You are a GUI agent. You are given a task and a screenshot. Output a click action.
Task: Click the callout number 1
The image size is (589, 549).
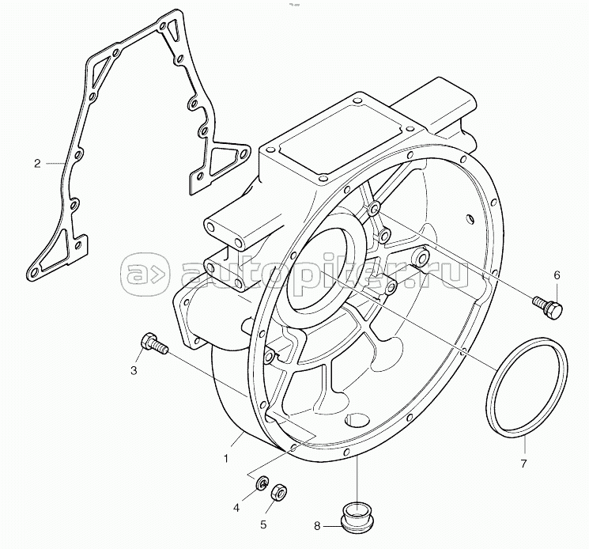pyautogui.click(x=226, y=459)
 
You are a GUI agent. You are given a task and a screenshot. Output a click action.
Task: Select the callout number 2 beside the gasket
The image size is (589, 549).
pyautogui.click(x=37, y=164)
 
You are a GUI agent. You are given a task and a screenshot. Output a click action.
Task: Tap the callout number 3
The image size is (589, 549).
pyautogui.click(x=134, y=370)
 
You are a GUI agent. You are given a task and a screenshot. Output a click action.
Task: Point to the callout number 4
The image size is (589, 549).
pyautogui.click(x=236, y=508)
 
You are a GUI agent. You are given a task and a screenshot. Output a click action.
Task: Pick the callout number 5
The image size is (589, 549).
pyautogui.click(x=263, y=524)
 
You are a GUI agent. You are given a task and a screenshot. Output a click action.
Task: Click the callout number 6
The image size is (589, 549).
pyautogui.click(x=557, y=275)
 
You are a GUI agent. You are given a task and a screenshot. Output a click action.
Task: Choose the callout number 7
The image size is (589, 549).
pyautogui.click(x=523, y=464)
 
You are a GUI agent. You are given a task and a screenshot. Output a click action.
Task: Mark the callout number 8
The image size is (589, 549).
pyautogui.click(x=317, y=526)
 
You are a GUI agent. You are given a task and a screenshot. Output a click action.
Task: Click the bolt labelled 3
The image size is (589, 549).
pyautogui.click(x=153, y=343)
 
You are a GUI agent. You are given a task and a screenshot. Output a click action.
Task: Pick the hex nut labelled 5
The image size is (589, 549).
pyautogui.click(x=279, y=492)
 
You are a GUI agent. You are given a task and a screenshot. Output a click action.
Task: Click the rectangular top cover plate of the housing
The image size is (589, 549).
pyautogui.click(x=335, y=131)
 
